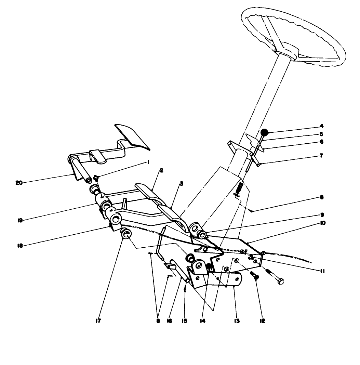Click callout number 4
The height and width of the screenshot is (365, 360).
click(322, 126)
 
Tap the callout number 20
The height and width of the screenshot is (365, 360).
click(19, 183)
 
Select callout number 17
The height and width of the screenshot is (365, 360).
click(98, 321)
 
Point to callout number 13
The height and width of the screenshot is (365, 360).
click(237, 321)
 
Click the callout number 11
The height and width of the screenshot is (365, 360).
click(322, 271)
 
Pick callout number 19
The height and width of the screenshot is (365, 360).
click(20, 220)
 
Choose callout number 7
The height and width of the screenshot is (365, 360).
click(321, 156)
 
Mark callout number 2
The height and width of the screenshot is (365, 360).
click(161, 171)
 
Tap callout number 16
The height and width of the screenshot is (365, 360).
click(170, 321)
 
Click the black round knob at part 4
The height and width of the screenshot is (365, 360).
click(264, 133)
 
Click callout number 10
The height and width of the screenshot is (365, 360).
click(323, 223)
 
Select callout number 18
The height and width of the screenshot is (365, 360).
click(20, 246)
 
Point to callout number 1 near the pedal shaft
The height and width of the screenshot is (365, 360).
click(148, 162)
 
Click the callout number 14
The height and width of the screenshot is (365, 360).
click(203, 321)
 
